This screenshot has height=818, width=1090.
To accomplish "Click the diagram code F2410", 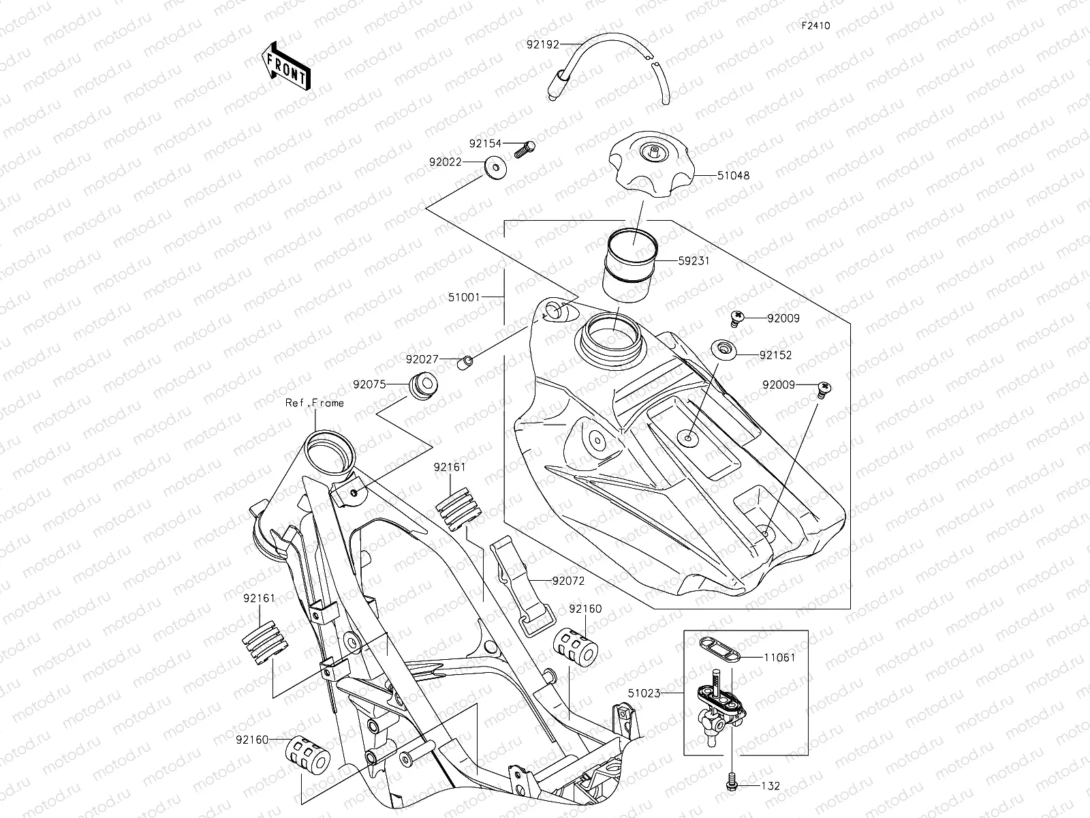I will click(x=815, y=26).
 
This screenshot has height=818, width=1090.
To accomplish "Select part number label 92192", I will click(x=542, y=45).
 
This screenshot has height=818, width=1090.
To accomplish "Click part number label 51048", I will click(x=733, y=175).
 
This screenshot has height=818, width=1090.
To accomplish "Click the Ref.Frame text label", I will click(x=315, y=403).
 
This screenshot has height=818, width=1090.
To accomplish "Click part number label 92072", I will click(x=568, y=581).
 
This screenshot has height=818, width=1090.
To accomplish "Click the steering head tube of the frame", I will click(x=330, y=455).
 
